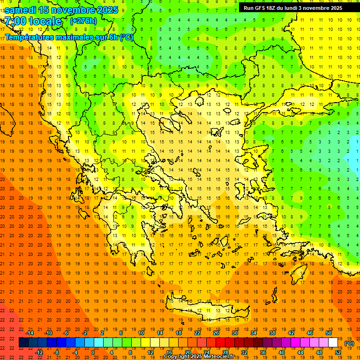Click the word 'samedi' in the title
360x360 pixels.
point(21,10)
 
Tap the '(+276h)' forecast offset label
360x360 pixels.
point(83,21)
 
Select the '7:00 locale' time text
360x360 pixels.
point(33,21)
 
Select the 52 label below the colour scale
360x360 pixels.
point(338,352)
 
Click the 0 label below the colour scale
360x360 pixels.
point(93,352)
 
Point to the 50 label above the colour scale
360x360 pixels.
point(329,333)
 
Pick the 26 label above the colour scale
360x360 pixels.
point(216,333)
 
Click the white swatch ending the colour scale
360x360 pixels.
point(333,343)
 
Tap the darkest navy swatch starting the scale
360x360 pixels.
point(23,343)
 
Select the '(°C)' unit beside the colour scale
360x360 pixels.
point(349,343)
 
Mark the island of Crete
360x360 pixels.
point(206,307)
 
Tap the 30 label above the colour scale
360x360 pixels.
point(235,333)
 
